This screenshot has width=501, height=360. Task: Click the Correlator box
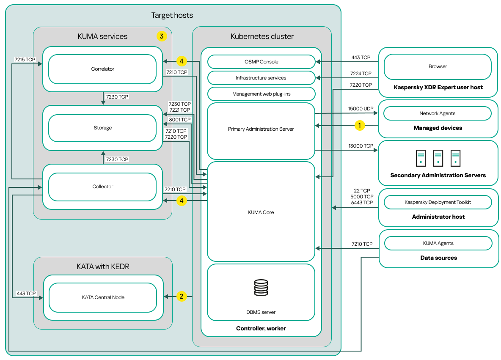point(102,69)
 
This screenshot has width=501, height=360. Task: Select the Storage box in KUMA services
point(102,128)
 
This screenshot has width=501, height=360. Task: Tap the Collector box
point(102,187)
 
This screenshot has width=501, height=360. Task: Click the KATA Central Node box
point(103,297)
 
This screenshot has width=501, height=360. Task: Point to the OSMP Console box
point(261,62)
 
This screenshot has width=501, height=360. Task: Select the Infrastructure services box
point(261,78)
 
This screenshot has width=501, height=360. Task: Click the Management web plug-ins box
point(261,94)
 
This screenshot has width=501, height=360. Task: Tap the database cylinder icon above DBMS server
point(261,288)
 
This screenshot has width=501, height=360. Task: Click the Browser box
point(438,66)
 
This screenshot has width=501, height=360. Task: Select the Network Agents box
point(438,113)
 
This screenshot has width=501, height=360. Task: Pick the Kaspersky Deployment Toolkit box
point(438,202)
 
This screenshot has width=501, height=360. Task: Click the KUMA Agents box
point(438,243)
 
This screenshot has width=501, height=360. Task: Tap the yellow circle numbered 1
point(360,125)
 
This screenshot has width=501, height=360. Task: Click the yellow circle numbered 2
point(182,297)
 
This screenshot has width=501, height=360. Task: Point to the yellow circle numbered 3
point(161,36)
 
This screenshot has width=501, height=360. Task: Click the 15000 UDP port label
point(361,109)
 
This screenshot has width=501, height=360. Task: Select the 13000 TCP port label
point(361,146)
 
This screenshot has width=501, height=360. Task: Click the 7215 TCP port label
point(25,60)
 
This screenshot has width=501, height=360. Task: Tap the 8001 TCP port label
point(180,120)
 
